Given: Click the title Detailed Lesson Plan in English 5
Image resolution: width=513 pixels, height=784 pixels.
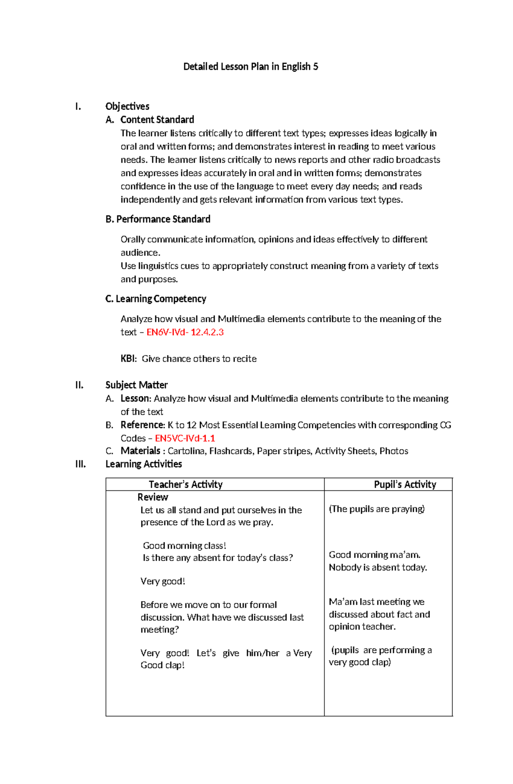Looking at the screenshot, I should [x=251, y=67].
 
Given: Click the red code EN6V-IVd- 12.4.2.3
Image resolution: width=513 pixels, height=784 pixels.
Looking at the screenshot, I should [x=185, y=332].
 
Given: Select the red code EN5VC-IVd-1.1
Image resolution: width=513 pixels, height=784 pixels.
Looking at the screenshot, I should [x=185, y=438].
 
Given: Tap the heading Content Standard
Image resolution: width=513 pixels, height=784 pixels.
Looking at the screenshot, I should [x=157, y=120].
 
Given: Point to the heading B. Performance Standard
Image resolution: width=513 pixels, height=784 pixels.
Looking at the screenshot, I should [x=158, y=219].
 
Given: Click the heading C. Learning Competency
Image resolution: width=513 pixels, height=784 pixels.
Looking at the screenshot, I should [x=156, y=299].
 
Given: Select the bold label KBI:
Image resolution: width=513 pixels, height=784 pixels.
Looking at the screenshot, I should [x=129, y=359].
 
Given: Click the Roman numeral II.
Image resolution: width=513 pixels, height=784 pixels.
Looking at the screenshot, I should [x=79, y=385].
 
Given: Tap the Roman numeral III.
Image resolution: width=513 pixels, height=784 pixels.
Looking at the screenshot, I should [x=80, y=464].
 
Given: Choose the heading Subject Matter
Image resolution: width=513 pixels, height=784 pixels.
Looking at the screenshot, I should [x=136, y=385].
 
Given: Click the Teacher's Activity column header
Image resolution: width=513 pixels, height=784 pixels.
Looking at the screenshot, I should [x=186, y=484].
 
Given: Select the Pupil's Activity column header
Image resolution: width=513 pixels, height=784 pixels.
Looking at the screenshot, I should [x=405, y=484].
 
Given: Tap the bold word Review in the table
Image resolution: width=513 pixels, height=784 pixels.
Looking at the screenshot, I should [x=153, y=497].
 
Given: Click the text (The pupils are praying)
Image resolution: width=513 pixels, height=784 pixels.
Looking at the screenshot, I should [x=377, y=509].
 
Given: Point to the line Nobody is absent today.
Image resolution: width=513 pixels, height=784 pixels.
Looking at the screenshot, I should [x=378, y=567].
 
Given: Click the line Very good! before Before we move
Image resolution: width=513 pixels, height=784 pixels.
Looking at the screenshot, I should [x=162, y=581].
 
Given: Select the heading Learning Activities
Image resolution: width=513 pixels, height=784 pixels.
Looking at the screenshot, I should [x=144, y=464].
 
